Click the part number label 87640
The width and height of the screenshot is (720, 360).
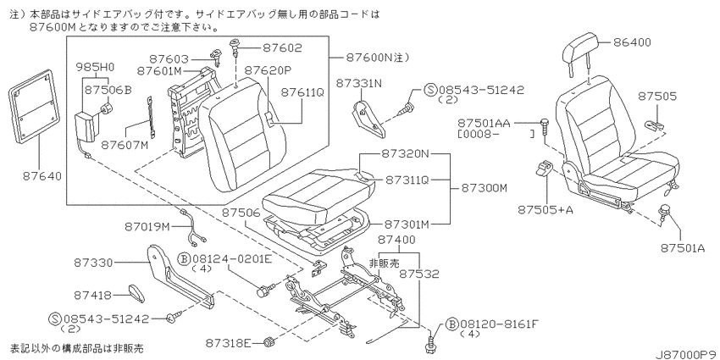42,176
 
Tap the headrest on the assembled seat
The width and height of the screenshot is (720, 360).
581,48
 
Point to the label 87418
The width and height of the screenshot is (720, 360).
94,296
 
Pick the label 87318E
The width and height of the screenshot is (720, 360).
227,342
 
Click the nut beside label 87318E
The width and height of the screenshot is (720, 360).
269,342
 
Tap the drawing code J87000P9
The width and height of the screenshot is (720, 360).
686,355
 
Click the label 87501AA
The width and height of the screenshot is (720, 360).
484,124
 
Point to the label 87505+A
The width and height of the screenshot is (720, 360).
544,210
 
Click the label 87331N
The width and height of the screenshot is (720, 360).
359,83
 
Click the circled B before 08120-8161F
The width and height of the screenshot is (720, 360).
451,325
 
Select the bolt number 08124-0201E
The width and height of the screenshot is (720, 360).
231,259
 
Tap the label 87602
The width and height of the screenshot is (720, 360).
282,47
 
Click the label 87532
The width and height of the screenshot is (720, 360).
418,274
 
